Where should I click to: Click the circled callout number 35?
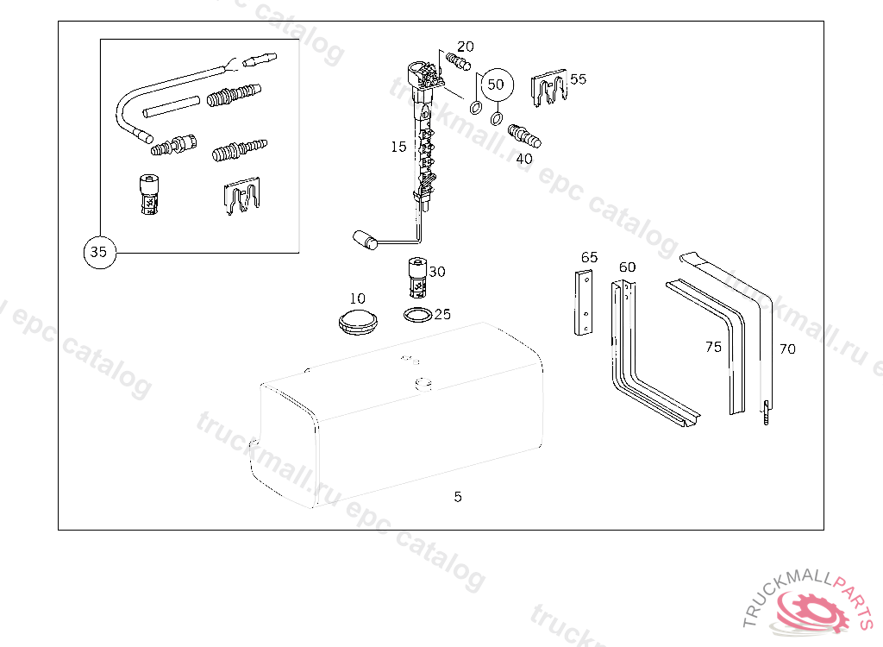point(99,253)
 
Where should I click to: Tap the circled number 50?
point(495,85)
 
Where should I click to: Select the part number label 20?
point(466,47)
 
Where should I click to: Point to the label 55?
point(578,79)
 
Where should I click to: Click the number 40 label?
point(524,159)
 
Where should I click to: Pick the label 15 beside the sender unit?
point(398,148)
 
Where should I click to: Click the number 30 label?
point(437,272)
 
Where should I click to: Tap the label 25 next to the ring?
point(442,315)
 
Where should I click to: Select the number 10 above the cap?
point(358,299)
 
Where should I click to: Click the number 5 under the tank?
point(458,497)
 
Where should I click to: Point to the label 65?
point(589,257)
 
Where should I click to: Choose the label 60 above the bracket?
point(627,267)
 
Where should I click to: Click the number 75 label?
point(713,347)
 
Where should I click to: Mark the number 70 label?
point(787,349)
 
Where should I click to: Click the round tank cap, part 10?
point(357,321)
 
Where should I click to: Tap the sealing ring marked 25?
point(418,315)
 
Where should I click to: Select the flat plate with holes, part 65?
point(584,303)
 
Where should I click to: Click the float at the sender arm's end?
point(362,238)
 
